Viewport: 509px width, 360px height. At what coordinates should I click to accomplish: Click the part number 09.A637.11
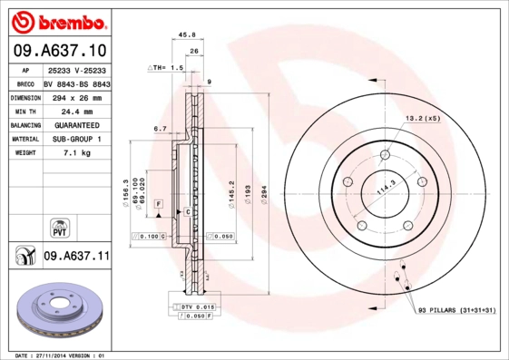pos(76,257)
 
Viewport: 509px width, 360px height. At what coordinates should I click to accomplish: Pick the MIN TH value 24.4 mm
pos(76,110)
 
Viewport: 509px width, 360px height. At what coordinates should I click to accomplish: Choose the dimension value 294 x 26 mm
pos(76,95)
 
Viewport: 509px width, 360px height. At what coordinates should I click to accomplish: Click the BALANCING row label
pos(24,124)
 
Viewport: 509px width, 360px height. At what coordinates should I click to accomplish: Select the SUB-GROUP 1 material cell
pos(76,139)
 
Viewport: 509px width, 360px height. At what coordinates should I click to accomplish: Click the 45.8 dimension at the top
pos(188,35)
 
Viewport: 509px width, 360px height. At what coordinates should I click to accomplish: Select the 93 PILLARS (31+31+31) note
pos(458,311)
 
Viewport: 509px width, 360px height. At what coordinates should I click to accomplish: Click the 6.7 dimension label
pos(160,129)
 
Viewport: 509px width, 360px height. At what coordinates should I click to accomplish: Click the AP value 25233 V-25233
pos(76,69)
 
